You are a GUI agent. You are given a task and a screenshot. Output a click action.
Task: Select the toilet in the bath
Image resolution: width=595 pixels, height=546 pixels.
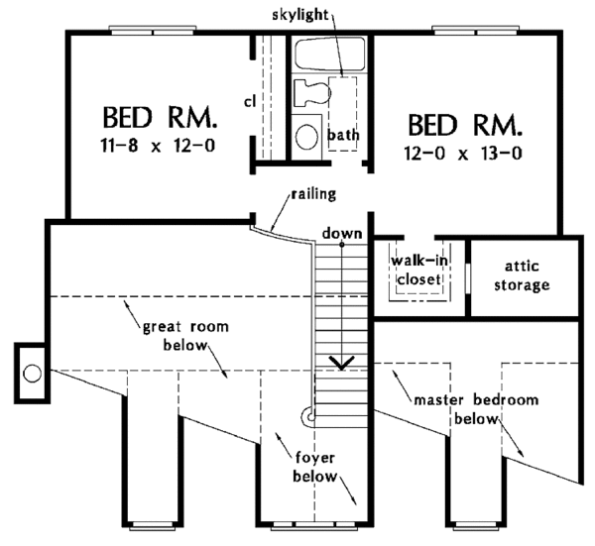[311, 95]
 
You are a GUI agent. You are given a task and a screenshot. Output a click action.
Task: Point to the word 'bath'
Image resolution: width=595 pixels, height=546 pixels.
[343, 134]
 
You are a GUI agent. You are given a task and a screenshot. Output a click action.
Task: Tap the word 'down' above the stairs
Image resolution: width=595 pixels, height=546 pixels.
[340, 234]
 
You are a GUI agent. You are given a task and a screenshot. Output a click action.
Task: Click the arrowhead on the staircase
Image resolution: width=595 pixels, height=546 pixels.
[342, 362]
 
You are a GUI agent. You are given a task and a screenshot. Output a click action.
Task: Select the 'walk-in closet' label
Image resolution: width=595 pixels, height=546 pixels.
[416, 269]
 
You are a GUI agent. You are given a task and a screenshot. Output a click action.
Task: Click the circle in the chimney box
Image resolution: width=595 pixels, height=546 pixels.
[32, 374]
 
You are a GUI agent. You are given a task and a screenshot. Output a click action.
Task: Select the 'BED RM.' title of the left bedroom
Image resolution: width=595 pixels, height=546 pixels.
[159, 121]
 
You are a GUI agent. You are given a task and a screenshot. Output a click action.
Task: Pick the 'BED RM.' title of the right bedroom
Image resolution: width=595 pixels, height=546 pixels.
[464, 126]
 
